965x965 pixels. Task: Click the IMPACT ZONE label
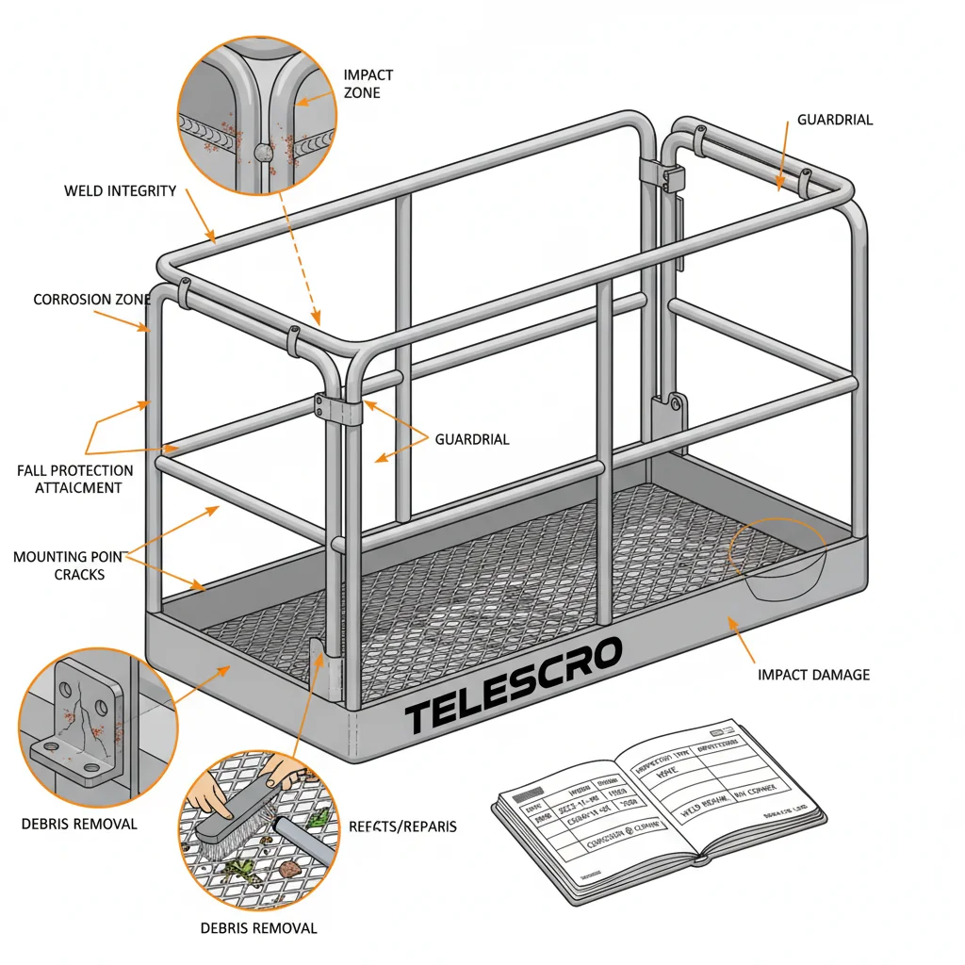coord(368,83)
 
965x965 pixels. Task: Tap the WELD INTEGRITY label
coord(120,191)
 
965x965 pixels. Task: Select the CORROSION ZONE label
coord(91,300)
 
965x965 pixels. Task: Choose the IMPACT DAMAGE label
coord(813,675)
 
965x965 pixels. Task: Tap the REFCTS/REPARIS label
coord(402,826)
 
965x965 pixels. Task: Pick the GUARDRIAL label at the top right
coord(835,120)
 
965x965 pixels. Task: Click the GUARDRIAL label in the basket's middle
coord(471,439)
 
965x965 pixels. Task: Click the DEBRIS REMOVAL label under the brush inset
coord(258,928)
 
